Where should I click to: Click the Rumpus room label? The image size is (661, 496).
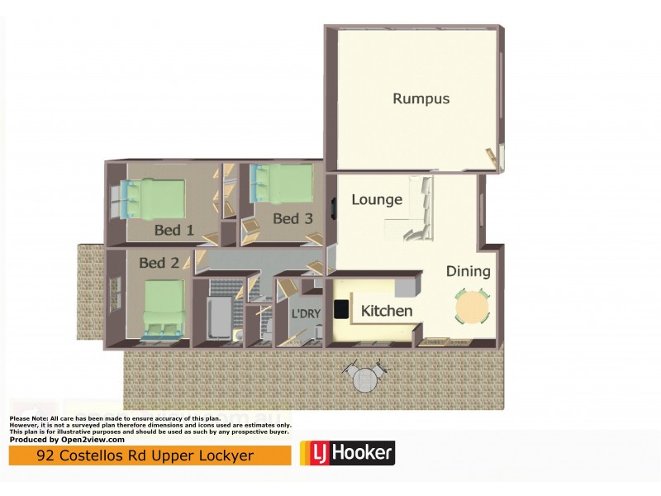pyautogui.click(x=421, y=98)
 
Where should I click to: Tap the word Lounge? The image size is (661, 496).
pyautogui.click(x=377, y=199)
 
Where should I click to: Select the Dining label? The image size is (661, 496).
pyautogui.click(x=468, y=271)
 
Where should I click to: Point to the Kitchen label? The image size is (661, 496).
pyautogui.click(x=387, y=311)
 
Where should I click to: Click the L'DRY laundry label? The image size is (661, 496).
pyautogui.click(x=305, y=314)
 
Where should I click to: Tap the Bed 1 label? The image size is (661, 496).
pyautogui.click(x=174, y=230)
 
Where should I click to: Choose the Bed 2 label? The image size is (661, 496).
pyautogui.click(x=159, y=263)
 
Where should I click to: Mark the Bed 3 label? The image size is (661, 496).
pyautogui.click(x=292, y=218)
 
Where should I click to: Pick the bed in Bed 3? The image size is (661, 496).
pyautogui.click(x=281, y=184)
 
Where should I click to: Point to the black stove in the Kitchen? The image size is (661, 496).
pyautogui.click(x=340, y=309)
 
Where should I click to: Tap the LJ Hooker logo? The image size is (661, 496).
pyautogui.click(x=347, y=453)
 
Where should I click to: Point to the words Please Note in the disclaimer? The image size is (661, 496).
pyautogui.click(x=27, y=419)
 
